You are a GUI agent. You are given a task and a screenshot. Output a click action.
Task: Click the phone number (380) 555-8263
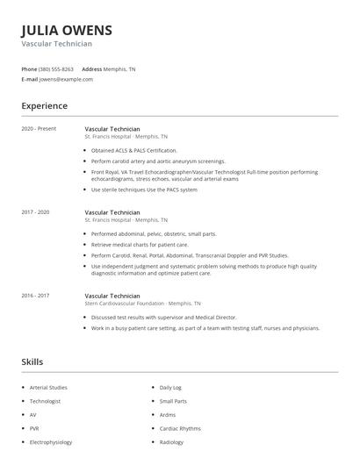57,68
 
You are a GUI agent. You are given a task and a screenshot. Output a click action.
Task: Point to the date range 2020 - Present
39,128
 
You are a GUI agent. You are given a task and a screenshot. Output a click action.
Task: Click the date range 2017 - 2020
35,212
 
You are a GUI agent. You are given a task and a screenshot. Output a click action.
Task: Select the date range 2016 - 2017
35,297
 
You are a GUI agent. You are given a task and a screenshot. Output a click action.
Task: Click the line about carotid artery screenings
146,161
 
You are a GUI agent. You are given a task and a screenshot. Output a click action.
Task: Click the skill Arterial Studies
47,387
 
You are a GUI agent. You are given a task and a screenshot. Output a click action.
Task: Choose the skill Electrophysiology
51,442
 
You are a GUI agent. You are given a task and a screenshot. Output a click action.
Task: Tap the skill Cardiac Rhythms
180,428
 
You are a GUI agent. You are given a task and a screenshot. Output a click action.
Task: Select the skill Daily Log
170,387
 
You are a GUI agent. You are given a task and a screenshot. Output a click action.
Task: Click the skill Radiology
172,442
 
